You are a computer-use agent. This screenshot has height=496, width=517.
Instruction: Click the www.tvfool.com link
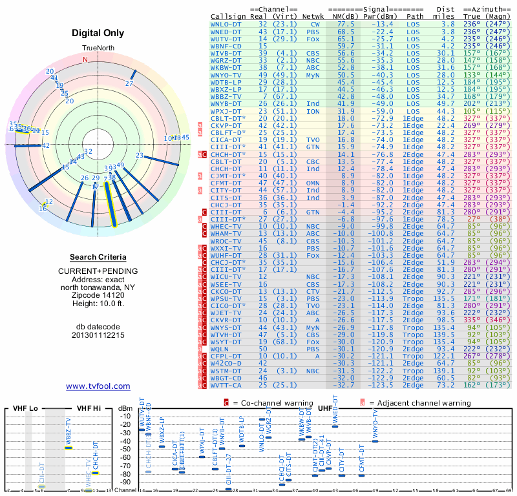98,386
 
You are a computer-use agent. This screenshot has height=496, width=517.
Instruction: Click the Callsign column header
229,16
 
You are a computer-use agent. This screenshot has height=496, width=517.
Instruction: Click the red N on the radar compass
85,59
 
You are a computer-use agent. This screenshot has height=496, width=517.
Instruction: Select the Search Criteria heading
98,257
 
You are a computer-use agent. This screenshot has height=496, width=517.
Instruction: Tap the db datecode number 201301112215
98,335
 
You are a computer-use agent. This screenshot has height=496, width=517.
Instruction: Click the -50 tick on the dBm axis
125,449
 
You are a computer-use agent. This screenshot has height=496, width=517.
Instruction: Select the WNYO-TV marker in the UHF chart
375,441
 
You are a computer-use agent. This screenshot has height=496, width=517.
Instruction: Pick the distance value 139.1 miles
443,371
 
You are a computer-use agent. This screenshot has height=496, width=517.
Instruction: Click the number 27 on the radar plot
130,84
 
